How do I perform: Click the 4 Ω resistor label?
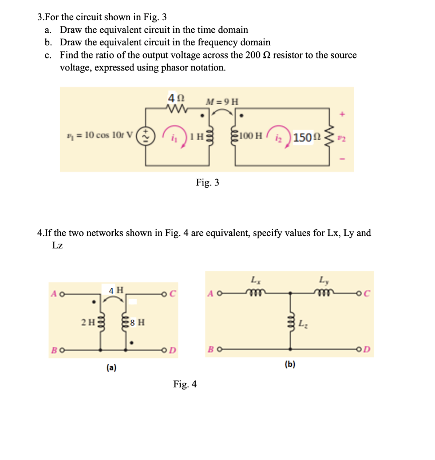coord(174,97)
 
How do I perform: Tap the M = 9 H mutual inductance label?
coord(222,101)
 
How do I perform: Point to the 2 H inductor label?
coord(87,322)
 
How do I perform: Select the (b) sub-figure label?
coord(290,364)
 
